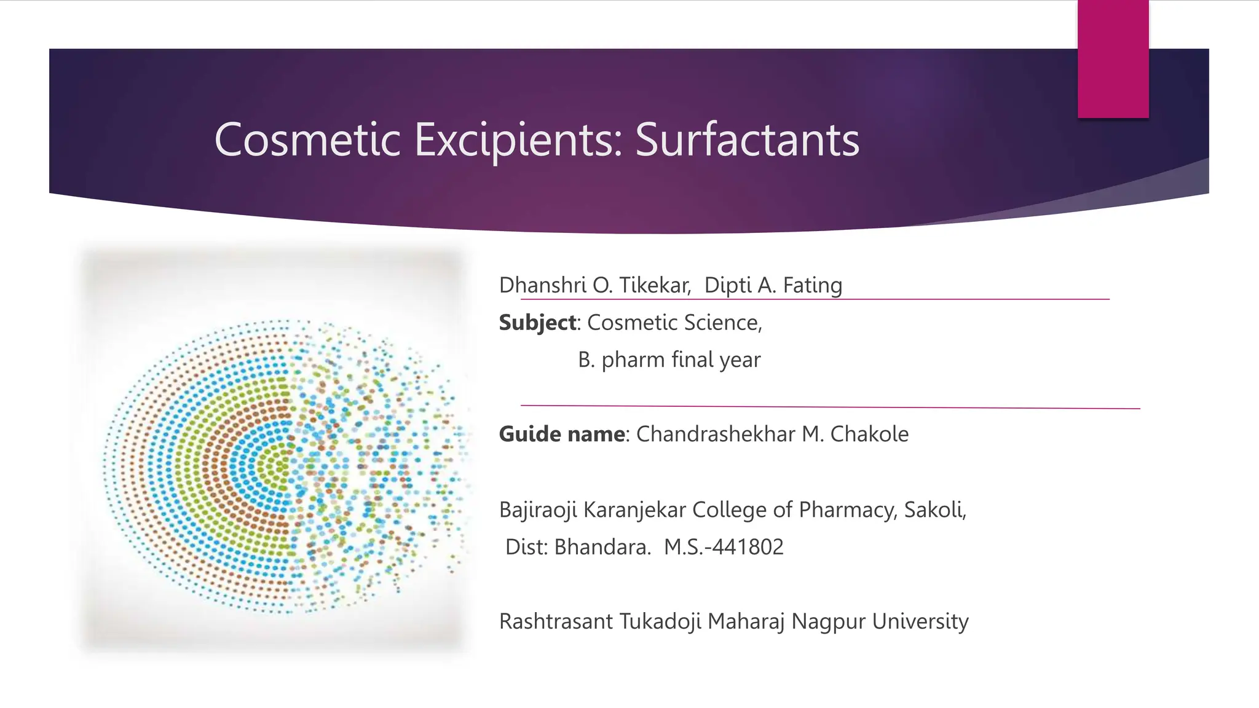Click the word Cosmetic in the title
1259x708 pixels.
pyautogui.click(x=307, y=140)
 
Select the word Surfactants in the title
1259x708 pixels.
pyautogui.click(x=747, y=140)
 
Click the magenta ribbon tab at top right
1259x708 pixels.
pyautogui.click(x=1113, y=59)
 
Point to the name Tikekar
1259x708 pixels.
pyautogui.click(x=655, y=285)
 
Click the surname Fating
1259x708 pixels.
pyautogui.click(x=812, y=285)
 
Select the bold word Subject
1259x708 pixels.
pyautogui.click(x=537, y=323)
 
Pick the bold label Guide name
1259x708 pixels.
pyautogui.click(x=562, y=434)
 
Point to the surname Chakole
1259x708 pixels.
pyautogui.click(x=869, y=434)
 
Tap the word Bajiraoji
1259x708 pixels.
pyautogui.click(x=537, y=510)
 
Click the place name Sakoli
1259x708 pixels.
pyautogui.click(x=934, y=510)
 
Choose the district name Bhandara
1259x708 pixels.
pyautogui.click(x=602, y=547)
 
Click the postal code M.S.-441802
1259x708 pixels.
pyautogui.click(x=724, y=547)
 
